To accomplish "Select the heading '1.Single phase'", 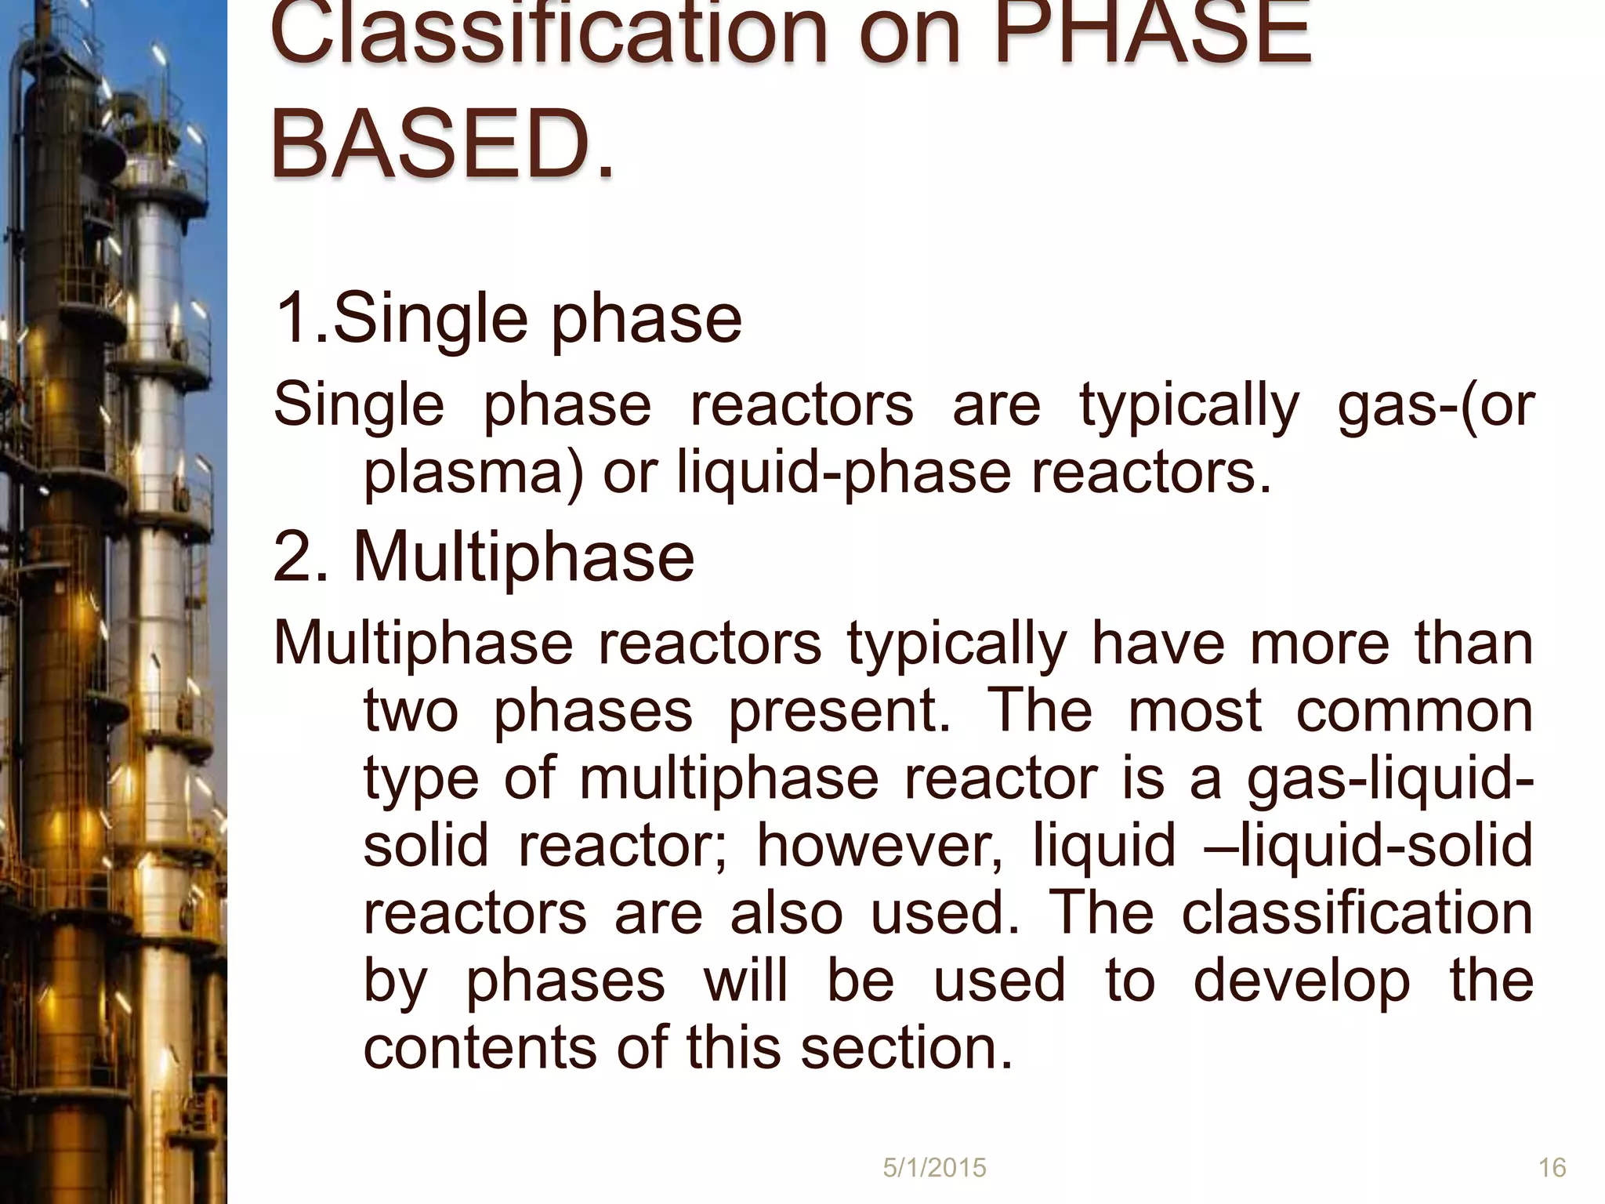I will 507,318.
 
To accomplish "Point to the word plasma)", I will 473,473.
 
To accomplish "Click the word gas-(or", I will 1435,405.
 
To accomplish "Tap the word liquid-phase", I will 844,473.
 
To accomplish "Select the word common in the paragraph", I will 1414,711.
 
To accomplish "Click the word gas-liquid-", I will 1390,778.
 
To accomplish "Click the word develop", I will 1302,980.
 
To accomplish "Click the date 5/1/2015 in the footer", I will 934,1168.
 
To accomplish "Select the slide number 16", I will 1552,1168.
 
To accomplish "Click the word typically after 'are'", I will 1189,405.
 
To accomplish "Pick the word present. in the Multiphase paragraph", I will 839,711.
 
